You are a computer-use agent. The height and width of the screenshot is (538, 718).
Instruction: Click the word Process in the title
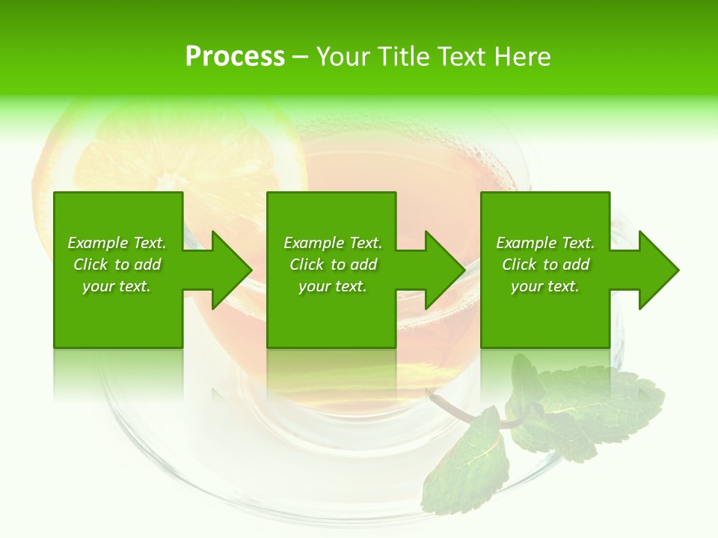[235, 57]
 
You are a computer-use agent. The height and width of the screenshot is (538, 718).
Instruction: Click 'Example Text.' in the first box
[117, 243]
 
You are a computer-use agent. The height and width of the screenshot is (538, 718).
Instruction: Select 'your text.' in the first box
[117, 286]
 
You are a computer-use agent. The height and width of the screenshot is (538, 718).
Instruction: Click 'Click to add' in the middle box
[333, 265]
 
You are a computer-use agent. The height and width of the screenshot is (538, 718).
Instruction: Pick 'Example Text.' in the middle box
[333, 243]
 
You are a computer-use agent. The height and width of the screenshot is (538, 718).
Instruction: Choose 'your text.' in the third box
[545, 286]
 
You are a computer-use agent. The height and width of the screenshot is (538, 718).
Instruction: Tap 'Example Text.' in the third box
[545, 243]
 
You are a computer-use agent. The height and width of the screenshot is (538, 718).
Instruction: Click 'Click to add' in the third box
[545, 265]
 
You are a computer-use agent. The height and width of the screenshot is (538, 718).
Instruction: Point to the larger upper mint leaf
[591, 403]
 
